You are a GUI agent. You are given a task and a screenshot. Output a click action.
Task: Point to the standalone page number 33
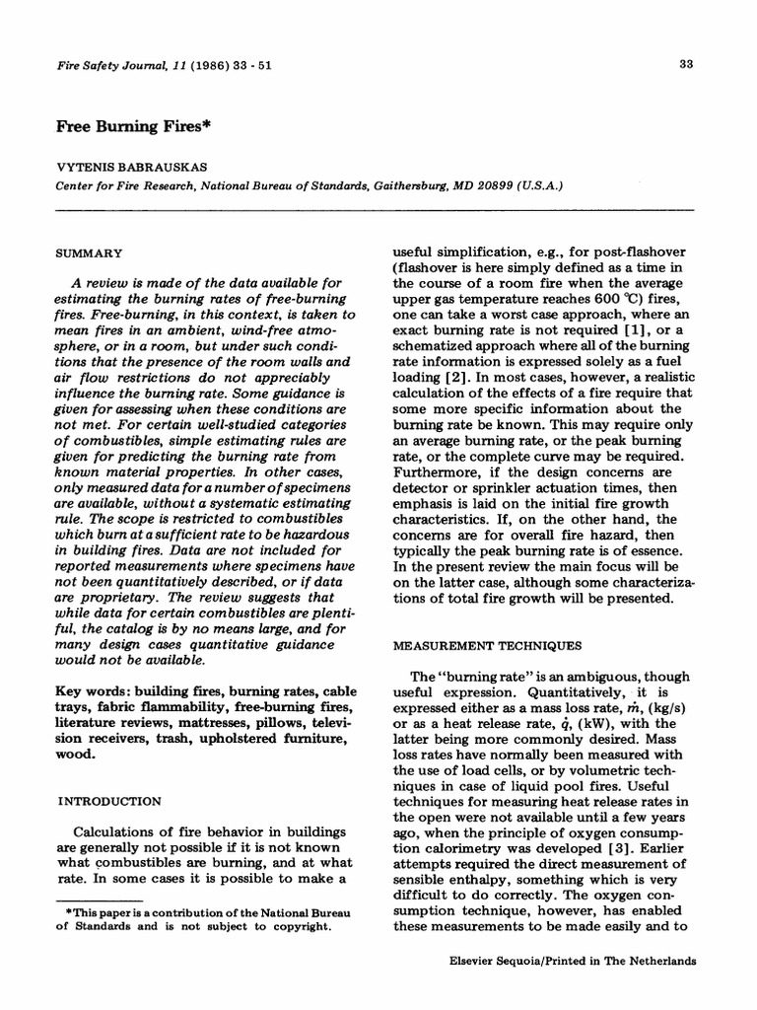pos(687,66)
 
